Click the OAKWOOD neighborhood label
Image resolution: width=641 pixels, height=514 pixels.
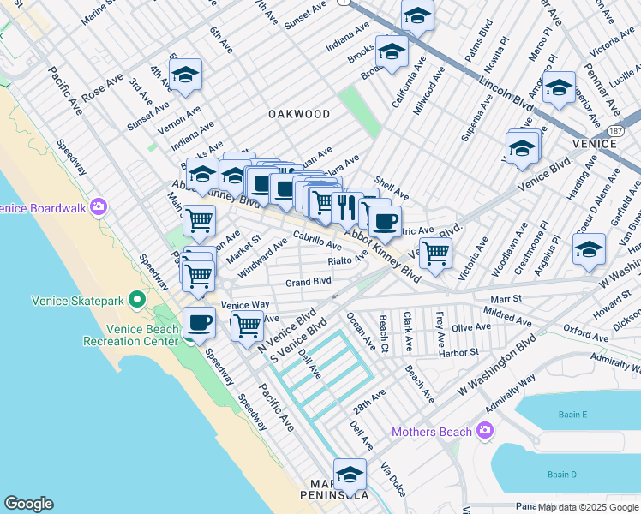[x=298, y=113]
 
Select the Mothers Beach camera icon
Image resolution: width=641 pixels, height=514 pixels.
[x=484, y=431]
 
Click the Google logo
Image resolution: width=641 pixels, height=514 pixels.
[x=28, y=504]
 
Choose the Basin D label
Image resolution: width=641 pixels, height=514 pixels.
[x=561, y=474]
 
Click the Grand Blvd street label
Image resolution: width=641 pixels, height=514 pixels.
[x=308, y=281]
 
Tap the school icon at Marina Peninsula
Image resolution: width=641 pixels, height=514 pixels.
[x=350, y=474]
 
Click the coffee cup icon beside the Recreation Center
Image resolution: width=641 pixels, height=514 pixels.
[x=199, y=323]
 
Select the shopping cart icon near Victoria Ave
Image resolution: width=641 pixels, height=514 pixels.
[x=436, y=253]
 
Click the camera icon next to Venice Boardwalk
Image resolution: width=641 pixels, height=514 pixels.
[x=99, y=206]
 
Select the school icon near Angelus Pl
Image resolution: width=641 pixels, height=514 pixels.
[x=589, y=250]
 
